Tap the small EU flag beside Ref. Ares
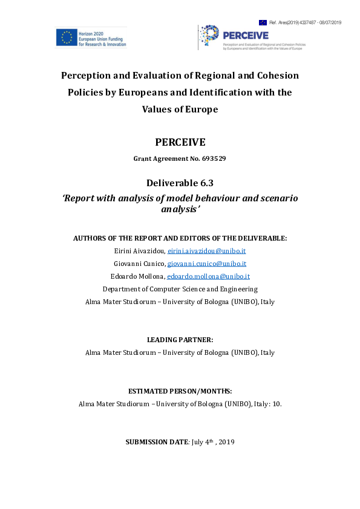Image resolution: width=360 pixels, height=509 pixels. coord(263,22)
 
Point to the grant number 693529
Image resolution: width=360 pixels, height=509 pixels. coord(209,159)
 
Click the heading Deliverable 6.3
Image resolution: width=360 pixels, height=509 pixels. coord(180,183)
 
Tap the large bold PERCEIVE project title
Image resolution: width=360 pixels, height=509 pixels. coord(180,143)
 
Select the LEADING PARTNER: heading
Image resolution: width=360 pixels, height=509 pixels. coord(180,340)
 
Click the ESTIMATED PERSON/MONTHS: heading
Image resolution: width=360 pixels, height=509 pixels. coord(180,391)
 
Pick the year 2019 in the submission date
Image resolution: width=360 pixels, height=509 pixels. coord(227,442)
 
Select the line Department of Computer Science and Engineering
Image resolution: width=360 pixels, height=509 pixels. coord(180,289)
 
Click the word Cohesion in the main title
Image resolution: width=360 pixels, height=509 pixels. coord(275,76)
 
